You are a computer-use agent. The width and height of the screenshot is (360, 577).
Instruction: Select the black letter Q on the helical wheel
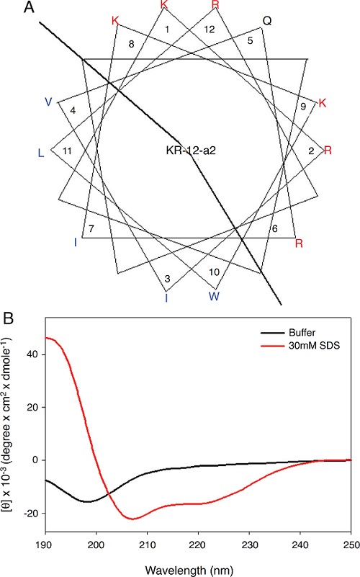click(266, 21)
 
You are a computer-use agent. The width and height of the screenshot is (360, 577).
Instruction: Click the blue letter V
click(48, 102)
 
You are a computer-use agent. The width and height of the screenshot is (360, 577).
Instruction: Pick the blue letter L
click(41, 153)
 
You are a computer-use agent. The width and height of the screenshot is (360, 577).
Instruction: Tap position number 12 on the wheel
click(209, 30)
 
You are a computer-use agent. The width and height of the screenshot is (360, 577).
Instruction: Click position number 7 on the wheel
click(91, 228)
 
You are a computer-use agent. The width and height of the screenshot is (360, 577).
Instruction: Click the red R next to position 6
click(298, 243)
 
